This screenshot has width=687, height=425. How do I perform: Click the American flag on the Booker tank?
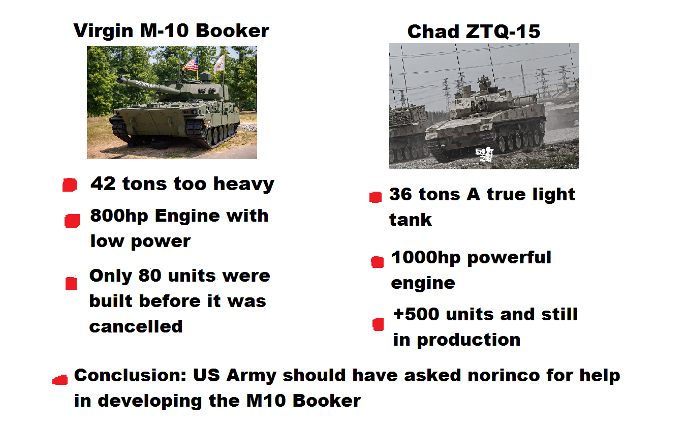[x=191, y=64]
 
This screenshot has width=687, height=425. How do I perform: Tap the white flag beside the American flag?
[x=220, y=64]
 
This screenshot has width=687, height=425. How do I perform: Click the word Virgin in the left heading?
[x=103, y=31]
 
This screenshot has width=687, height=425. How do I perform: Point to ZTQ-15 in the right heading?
[x=503, y=32]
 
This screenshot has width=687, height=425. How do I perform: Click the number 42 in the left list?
[x=103, y=184]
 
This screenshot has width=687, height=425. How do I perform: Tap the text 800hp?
[x=119, y=216]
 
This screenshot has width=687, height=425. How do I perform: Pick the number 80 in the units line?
[x=150, y=275]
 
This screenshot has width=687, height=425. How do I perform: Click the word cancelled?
[x=136, y=326]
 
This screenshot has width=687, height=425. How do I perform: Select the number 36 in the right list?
[x=400, y=194]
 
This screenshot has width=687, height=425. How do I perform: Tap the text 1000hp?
[x=426, y=258]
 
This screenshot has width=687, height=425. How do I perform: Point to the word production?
[x=469, y=341]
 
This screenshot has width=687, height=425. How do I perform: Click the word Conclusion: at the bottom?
[x=131, y=375]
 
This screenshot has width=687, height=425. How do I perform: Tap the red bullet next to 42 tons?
[x=70, y=185]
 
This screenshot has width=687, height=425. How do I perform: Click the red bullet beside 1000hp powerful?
[x=377, y=262]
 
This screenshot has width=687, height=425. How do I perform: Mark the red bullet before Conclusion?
[x=60, y=380]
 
